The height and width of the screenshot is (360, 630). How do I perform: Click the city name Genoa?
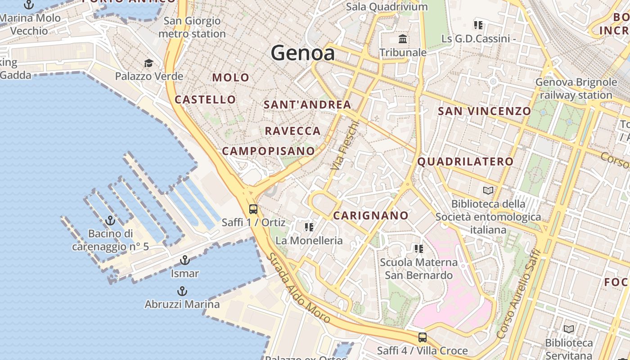coord(303,53)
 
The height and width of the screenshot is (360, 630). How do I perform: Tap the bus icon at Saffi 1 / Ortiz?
coord(253,209)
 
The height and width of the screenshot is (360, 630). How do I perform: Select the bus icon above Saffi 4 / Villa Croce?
coord(422,337)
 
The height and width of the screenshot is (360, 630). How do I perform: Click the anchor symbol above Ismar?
coord(184,260)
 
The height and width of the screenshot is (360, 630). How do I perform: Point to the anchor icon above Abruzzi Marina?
coord(182,291)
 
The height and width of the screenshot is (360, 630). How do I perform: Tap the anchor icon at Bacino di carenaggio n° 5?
coord(110,220)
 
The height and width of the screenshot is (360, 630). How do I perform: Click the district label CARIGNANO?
coord(370,216)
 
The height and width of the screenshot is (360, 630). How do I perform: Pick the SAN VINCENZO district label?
coord(484,111)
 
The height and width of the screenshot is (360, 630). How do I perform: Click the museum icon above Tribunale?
coord(403,39)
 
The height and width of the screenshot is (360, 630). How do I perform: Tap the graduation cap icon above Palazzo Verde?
coord(148,63)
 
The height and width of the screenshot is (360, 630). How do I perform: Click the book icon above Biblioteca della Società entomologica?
coord(488,190)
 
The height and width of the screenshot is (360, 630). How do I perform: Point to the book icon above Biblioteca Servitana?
coord(569,329)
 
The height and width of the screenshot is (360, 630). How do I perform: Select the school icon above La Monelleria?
coord(309,227)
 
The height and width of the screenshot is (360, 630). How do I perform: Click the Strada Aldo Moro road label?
coord(299,288)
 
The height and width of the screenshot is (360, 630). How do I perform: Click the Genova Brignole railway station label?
coord(576,89)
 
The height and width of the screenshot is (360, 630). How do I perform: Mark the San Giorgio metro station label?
coord(192,27)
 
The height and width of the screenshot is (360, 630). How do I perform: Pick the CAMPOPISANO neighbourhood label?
coord(268,151)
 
